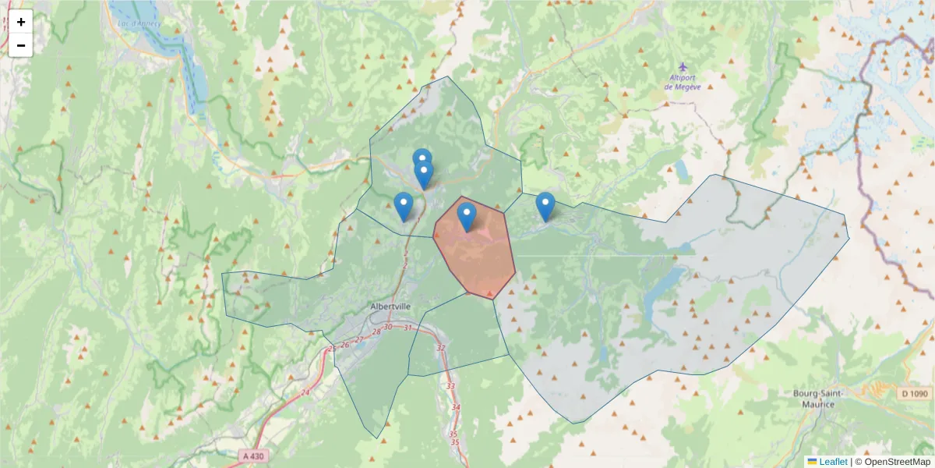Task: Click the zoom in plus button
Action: coord(21,22)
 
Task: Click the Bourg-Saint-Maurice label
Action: coord(814,399)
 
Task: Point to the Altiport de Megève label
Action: coord(683,82)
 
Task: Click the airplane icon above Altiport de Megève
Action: coord(683,66)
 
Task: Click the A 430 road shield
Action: coord(252,456)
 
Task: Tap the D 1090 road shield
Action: coord(915,394)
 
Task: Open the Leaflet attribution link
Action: coord(833,462)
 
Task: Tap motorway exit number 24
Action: coord(305,392)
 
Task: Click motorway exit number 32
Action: coord(441,348)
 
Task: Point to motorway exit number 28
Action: coord(376,333)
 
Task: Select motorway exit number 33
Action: coord(450,386)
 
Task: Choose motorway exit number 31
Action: coord(408,328)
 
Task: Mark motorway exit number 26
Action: coord(344,344)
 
